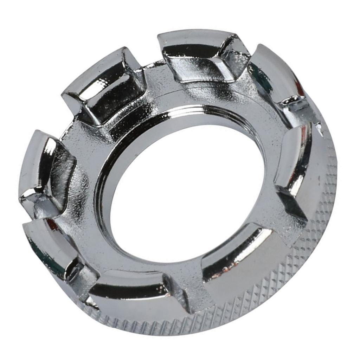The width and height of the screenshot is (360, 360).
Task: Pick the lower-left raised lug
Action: [x=53, y=246]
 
